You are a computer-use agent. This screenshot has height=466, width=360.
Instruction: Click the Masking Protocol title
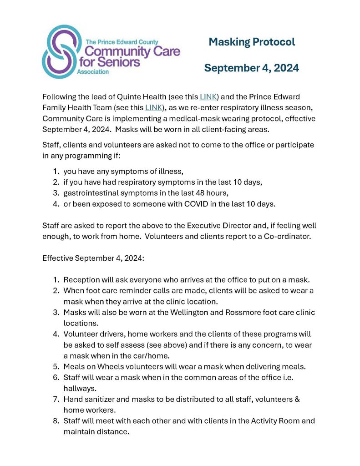click(x=252, y=42)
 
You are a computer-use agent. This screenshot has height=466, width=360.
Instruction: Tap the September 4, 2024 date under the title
click(x=251, y=68)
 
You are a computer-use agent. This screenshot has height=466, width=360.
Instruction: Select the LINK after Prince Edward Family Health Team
click(x=153, y=108)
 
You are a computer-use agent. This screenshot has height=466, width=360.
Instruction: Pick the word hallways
click(x=79, y=388)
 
